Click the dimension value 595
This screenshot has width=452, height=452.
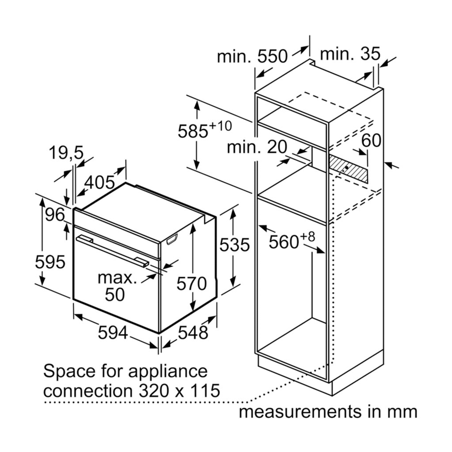[x=51, y=262]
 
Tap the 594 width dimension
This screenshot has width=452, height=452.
[x=113, y=334]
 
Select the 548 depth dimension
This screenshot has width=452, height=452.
[x=193, y=332]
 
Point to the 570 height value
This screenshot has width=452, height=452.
[x=191, y=284]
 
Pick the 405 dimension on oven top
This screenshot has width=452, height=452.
[x=100, y=183]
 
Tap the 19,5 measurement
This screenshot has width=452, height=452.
[x=66, y=153]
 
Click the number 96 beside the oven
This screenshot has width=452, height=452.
[x=55, y=215]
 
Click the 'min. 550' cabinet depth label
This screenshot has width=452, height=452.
[x=252, y=56]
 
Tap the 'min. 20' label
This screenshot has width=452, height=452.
[x=257, y=146]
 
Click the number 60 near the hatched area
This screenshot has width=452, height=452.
[x=371, y=141]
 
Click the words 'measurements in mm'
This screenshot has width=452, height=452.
[x=328, y=412]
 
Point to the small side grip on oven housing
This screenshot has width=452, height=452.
[x=172, y=240]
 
